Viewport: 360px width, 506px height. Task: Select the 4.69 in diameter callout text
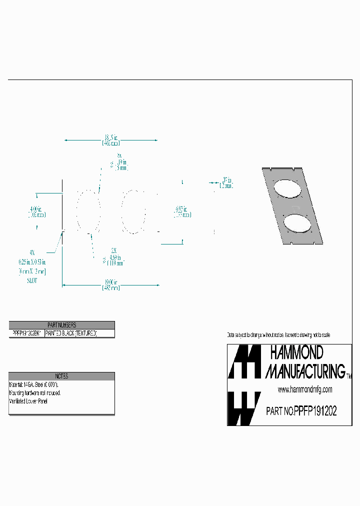pos(115,257)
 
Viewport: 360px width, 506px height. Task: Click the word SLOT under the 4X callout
pos(31,280)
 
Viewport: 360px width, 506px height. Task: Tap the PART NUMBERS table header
pos(62,324)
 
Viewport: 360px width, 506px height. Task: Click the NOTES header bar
pos(62,376)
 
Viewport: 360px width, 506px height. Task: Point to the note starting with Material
pos(34,385)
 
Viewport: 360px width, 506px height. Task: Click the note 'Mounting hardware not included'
pos(35,393)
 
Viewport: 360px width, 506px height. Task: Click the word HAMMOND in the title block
pos(297,353)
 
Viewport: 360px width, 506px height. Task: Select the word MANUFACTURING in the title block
pos(305,371)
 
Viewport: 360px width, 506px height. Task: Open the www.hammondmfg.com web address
pos(305,389)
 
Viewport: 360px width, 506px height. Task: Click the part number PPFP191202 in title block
pos(315,411)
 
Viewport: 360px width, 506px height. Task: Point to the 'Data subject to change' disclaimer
pos(278,334)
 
